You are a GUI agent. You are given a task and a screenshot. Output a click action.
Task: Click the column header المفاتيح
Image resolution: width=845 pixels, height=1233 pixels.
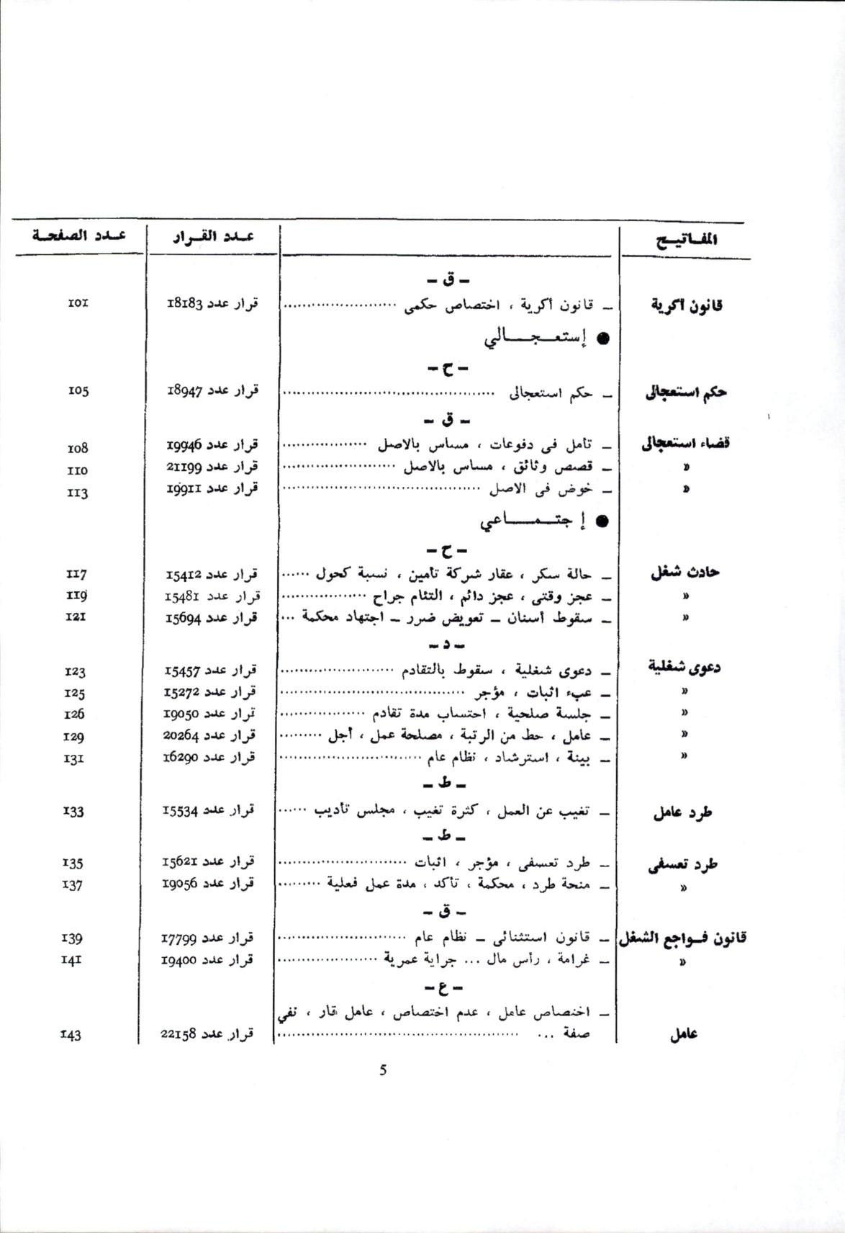point(687,241)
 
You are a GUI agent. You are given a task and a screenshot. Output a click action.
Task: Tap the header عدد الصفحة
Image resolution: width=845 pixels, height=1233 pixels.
point(78,236)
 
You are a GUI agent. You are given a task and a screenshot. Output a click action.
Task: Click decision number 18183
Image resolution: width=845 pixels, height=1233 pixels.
point(212,303)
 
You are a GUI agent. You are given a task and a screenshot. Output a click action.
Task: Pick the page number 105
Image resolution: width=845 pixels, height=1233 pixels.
point(77,391)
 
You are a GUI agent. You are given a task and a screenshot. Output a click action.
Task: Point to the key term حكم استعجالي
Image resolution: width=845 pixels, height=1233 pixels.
point(686,393)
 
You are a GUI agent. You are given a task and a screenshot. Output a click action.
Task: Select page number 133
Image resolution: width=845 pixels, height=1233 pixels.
point(73,811)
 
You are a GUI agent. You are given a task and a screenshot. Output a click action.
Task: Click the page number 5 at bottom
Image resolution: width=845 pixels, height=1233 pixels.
point(383,1070)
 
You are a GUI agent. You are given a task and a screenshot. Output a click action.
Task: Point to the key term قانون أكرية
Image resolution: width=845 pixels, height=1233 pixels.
point(687,305)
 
